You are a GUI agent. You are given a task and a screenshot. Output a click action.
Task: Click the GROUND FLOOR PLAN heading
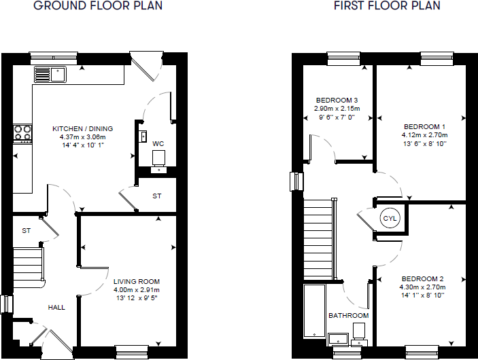click(x=98, y=6)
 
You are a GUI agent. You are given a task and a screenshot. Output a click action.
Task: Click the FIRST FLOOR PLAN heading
click(x=386, y=6)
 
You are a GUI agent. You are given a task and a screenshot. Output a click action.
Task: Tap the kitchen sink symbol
click(x=49, y=73)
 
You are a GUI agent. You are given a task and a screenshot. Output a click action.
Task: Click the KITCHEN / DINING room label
click(x=83, y=128)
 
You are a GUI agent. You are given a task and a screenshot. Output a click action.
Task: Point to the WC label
click(x=158, y=144)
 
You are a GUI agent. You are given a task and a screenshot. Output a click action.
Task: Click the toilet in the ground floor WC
click(x=159, y=159)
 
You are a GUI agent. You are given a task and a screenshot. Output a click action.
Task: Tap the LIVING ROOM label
click(x=137, y=281)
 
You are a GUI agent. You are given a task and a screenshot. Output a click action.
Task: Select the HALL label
click(x=56, y=308)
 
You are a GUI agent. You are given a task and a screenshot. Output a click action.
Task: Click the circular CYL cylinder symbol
click(x=390, y=219)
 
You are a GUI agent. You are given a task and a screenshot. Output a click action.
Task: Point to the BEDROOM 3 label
click(x=337, y=100)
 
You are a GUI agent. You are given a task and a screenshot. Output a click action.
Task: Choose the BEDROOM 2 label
click(x=422, y=279)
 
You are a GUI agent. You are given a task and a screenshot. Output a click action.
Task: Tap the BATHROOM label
click(x=348, y=316)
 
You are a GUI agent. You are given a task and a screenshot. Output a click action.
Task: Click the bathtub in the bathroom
click(x=313, y=311)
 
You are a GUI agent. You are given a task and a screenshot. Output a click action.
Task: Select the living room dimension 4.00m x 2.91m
click(x=137, y=290)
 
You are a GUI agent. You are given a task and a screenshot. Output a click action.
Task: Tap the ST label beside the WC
click(x=157, y=196)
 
